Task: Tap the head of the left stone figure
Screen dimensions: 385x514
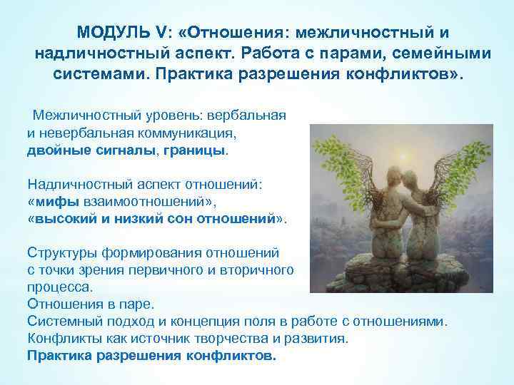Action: (391, 179)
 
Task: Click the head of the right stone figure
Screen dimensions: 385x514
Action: (412, 175)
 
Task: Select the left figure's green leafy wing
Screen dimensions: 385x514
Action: (350, 164)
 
